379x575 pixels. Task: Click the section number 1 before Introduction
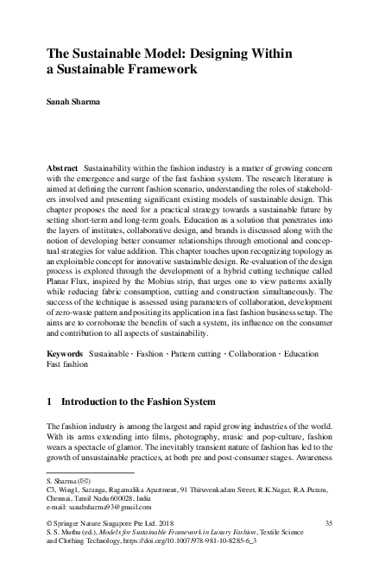click(x=50, y=404)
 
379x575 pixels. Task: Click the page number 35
click(x=327, y=523)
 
